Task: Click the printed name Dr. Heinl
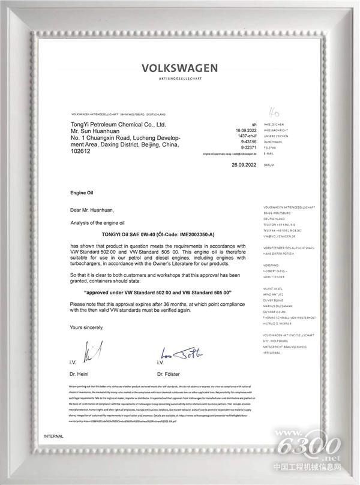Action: tap(80, 374)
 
